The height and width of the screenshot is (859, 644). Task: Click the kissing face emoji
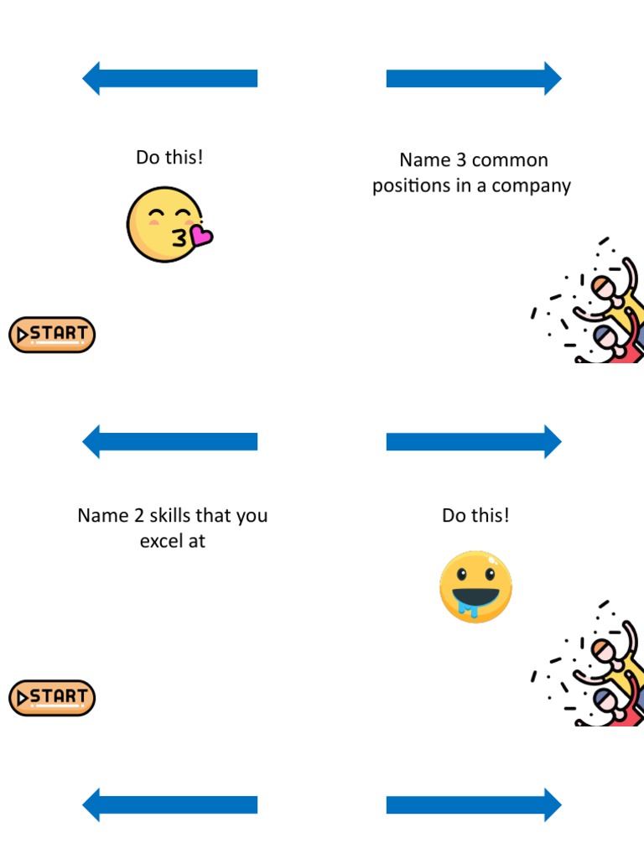[x=164, y=225]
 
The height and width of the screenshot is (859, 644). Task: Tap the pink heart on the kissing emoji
[x=201, y=237]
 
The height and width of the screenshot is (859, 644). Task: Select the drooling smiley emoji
[x=475, y=586]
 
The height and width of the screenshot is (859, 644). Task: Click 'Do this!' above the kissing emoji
[x=169, y=157]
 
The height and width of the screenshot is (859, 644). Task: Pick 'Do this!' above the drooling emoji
[x=475, y=515]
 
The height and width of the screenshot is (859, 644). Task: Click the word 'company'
[x=532, y=185]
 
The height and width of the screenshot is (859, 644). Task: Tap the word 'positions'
[x=410, y=185]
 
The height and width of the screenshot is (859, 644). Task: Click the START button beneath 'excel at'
[x=52, y=697]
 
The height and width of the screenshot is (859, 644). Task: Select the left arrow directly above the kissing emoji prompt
[x=170, y=78]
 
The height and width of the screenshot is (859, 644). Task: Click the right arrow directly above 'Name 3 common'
[x=474, y=78]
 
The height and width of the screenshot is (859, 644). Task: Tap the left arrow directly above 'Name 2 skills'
[x=170, y=441]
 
